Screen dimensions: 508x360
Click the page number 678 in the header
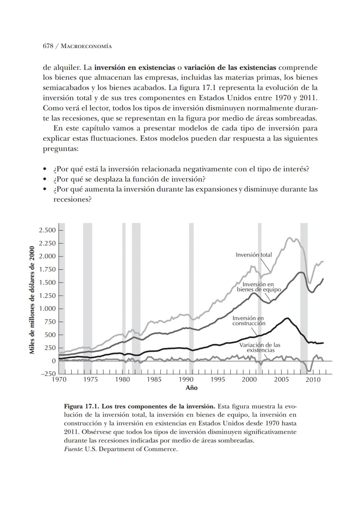tap(48, 46)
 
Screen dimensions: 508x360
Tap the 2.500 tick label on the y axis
tap(47, 230)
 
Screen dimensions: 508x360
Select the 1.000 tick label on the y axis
tap(47, 309)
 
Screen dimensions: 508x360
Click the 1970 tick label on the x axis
tap(59, 380)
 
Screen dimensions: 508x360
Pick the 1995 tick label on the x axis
tap(218, 380)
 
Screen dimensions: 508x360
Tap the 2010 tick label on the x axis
tap(313, 380)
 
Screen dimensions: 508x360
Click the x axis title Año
tap(192, 388)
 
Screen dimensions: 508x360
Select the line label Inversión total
tap(254, 255)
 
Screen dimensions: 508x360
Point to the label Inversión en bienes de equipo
tap(259, 287)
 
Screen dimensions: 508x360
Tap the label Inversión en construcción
tap(249, 321)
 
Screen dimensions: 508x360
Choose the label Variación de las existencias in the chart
tap(260, 348)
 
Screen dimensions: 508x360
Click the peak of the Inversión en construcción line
tap(287, 318)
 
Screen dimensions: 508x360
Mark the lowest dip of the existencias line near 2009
tap(309, 371)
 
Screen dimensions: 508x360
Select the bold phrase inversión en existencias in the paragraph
tap(135, 68)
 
